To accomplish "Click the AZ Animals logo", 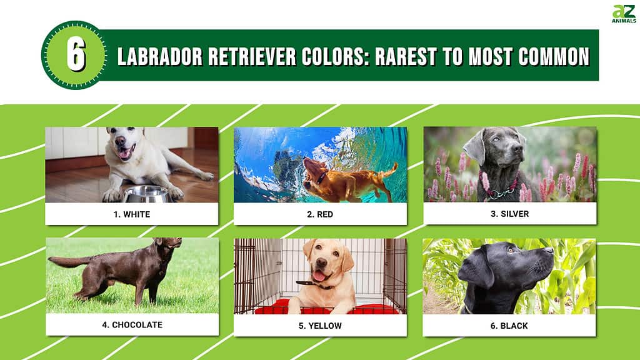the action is click(624, 14).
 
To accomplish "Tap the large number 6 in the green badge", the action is click(76, 55).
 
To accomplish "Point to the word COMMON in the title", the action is click(554, 56).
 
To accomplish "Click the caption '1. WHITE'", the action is click(132, 214).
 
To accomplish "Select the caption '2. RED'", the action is click(320, 214).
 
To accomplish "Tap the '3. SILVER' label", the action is click(510, 214).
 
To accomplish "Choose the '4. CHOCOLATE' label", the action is click(132, 325).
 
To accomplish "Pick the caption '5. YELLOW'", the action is click(320, 326).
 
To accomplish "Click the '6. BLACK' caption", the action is click(509, 326).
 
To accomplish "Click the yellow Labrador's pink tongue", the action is click(319, 276).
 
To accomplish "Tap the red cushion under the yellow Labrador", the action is click(326, 307).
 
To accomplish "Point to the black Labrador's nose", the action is click(548, 250).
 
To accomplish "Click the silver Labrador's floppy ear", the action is click(475, 147).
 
